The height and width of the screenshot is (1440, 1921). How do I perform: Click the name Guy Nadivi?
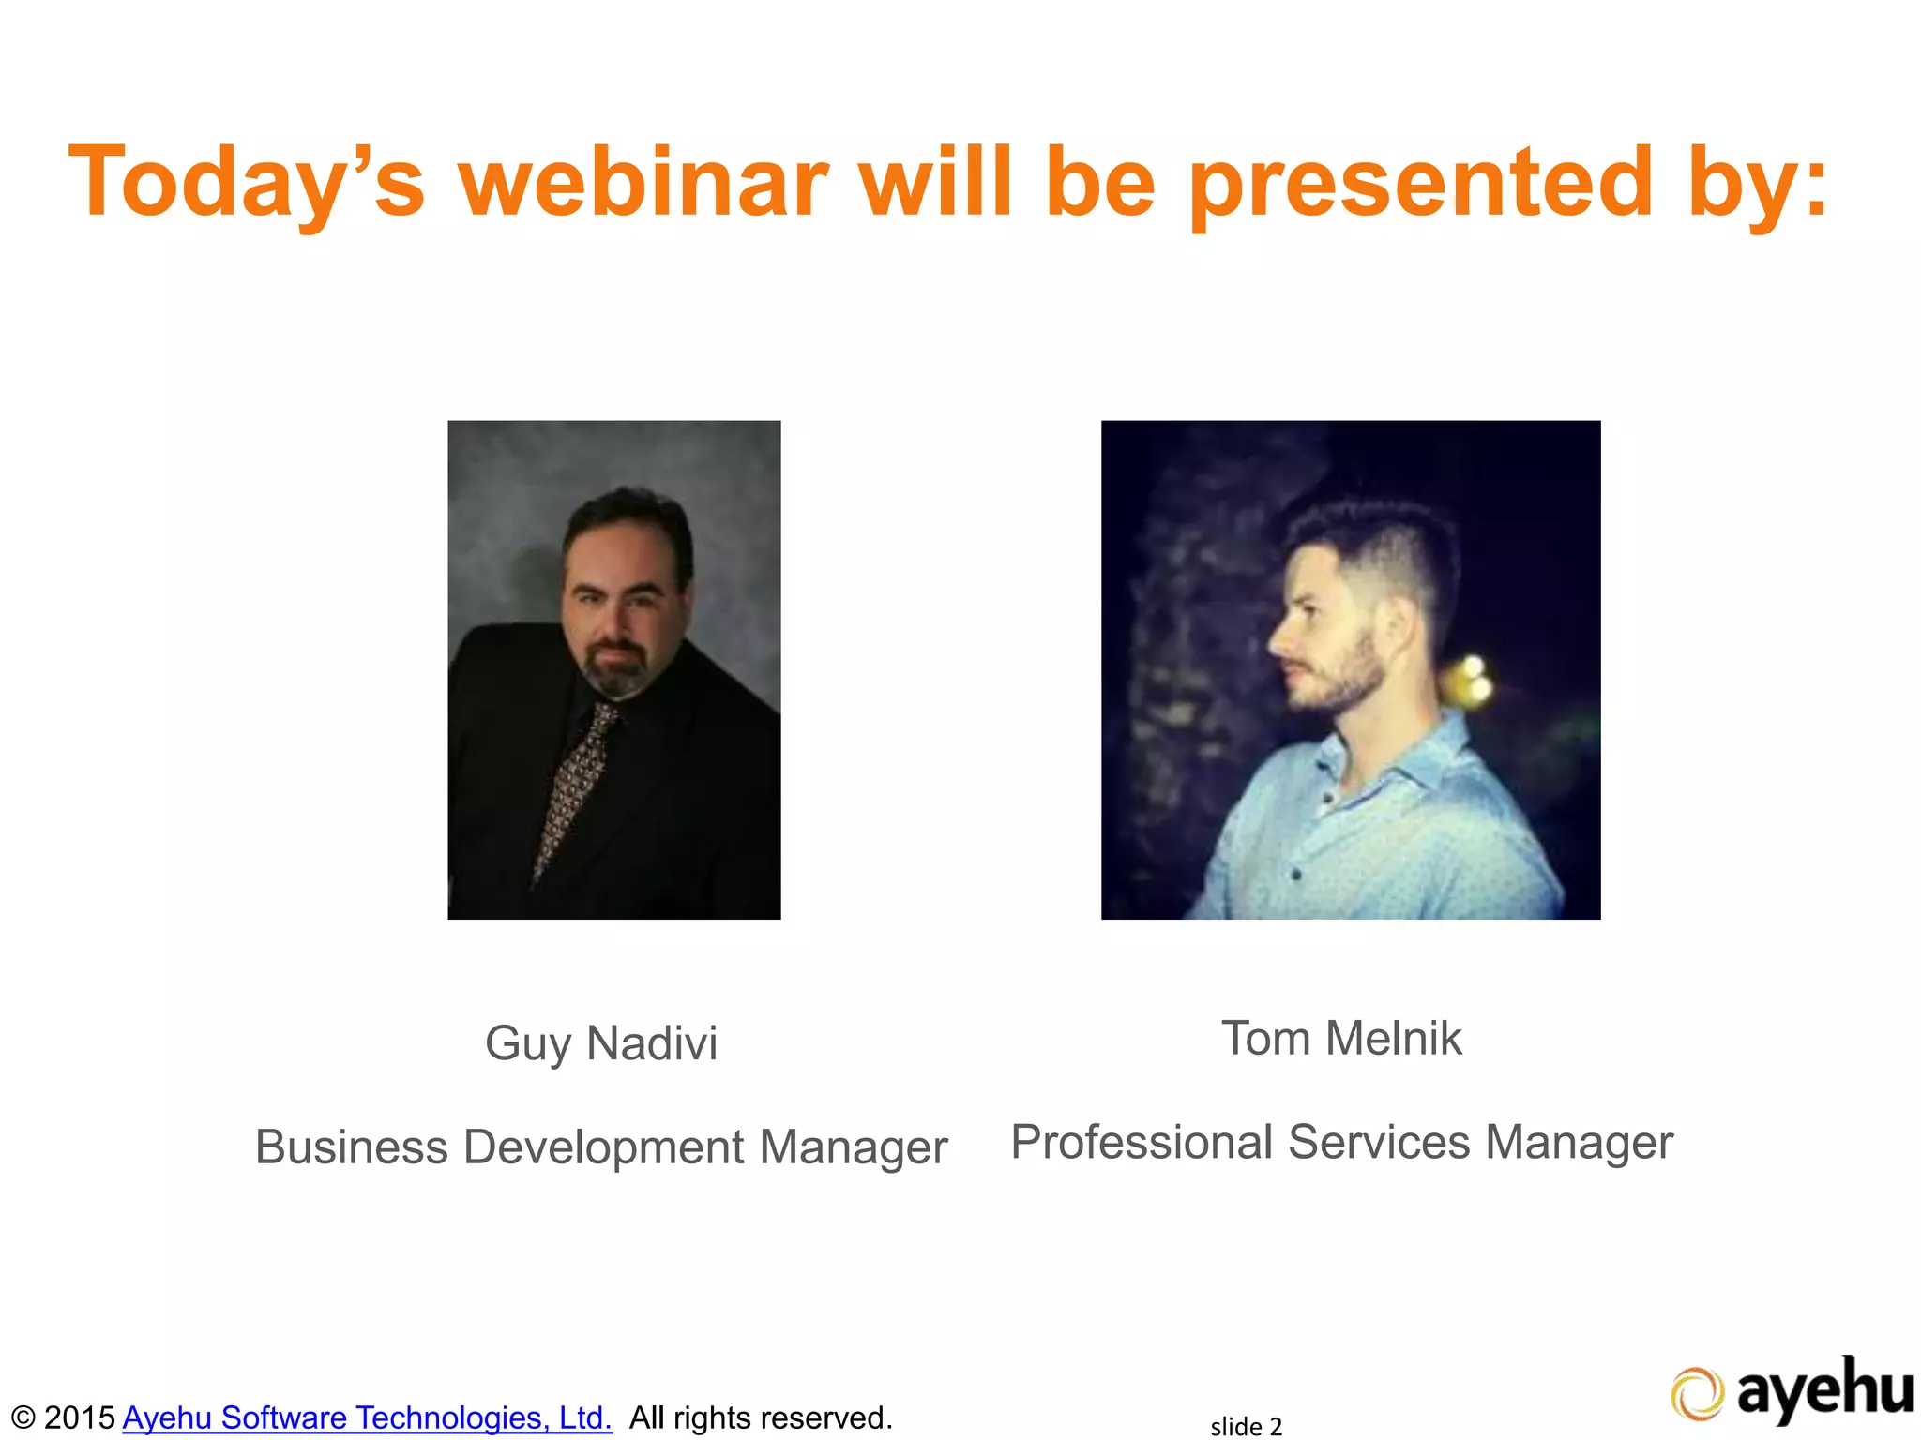(601, 1043)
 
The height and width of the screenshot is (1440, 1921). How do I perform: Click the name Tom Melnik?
(1341, 1039)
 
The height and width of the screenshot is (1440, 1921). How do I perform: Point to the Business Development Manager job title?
(601, 1147)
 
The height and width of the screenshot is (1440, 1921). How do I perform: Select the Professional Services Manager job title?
(1341, 1142)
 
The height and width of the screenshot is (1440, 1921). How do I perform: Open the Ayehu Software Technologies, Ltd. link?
(367, 1417)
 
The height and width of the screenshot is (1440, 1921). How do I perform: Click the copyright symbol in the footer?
(23, 1417)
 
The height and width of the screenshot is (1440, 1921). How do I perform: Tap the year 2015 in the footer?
(80, 1417)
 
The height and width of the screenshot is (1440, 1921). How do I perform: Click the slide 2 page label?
(1246, 1426)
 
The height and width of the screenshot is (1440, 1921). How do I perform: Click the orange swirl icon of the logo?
(1697, 1394)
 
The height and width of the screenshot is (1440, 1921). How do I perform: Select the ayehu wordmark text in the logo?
(1824, 1389)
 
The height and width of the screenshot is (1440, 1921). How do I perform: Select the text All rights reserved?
(760, 1417)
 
